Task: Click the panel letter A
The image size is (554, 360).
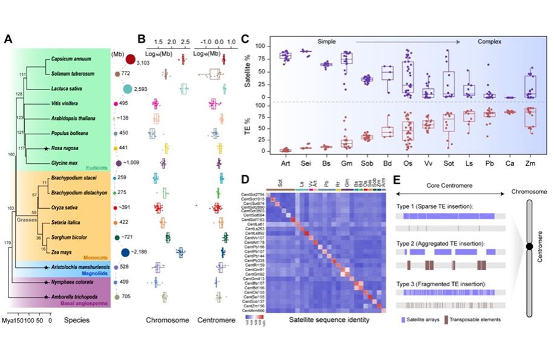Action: (x=8, y=39)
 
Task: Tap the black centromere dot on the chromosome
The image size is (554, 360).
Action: (x=529, y=247)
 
